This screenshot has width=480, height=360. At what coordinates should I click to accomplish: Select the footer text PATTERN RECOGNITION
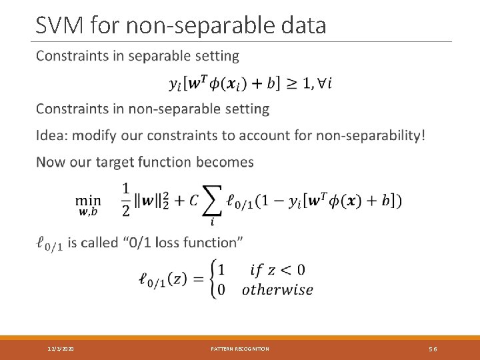click(x=240, y=349)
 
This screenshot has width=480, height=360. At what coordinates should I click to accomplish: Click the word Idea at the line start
click(x=52, y=135)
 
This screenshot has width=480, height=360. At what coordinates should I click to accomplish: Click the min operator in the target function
click(x=88, y=199)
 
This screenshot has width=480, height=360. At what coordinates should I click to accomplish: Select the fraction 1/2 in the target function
click(x=127, y=199)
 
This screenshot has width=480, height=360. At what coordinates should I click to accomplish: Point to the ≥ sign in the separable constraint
click(x=291, y=83)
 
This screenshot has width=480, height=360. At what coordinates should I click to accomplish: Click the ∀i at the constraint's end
click(x=323, y=83)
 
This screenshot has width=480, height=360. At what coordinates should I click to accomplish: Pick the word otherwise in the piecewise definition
click(x=277, y=290)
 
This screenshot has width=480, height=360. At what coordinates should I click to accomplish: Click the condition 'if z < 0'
click(x=277, y=270)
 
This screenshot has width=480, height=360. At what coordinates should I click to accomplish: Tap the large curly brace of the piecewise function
click(x=215, y=280)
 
